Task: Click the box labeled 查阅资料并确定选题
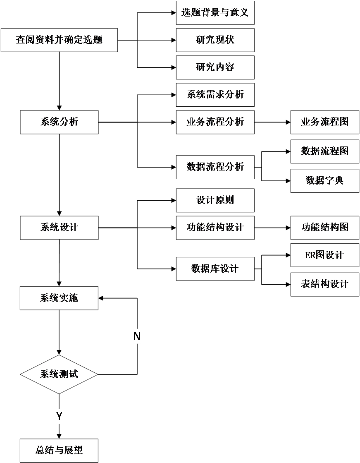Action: click(59, 40)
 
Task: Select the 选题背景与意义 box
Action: click(215, 12)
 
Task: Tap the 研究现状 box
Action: click(215, 40)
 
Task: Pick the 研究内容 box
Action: click(215, 67)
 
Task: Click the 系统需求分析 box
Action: click(215, 95)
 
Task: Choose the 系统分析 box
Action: click(59, 122)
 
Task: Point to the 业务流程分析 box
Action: click(215, 122)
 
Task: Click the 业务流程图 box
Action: click(324, 122)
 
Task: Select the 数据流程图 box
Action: click(324, 151)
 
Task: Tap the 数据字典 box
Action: click(324, 181)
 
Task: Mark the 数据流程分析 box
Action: click(215, 167)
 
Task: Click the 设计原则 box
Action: click(215, 200)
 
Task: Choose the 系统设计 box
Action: click(59, 228)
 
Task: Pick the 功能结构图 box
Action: click(324, 228)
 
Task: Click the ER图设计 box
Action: click(324, 255)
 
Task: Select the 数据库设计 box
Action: click(215, 269)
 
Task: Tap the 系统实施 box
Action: click(59, 298)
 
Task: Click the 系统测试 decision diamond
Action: click(59, 374)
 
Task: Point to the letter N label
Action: click(137, 337)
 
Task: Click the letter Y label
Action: click(59, 417)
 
